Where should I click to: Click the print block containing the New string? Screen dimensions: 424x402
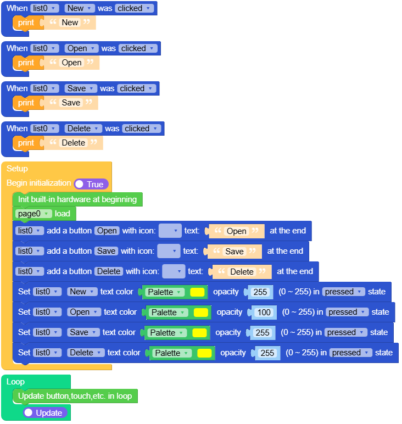(x=25, y=23)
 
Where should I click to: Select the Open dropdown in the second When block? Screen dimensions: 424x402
(x=81, y=48)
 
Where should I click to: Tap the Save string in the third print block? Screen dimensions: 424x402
(x=71, y=103)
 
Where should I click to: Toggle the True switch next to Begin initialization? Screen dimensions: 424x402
(x=91, y=184)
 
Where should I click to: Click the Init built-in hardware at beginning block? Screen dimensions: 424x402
(x=77, y=199)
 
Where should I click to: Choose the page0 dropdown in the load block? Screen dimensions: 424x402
(x=34, y=214)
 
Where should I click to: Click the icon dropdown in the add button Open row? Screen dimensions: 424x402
(x=170, y=231)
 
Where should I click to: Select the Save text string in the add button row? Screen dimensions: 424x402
(x=235, y=251)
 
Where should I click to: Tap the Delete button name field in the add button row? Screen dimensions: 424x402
(x=108, y=271)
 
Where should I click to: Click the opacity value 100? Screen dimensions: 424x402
(x=264, y=313)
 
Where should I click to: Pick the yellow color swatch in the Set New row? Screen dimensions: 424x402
(x=197, y=292)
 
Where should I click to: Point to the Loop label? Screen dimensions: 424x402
(x=15, y=381)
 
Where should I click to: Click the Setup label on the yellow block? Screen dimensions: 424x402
(x=17, y=169)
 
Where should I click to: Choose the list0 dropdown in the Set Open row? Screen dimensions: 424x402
(x=47, y=312)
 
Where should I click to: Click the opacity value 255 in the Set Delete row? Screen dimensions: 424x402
(x=267, y=353)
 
